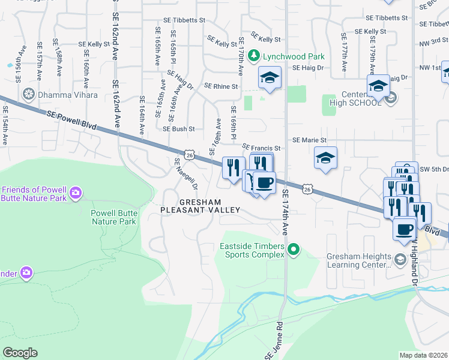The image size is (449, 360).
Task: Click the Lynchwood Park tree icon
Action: pyautogui.click(x=254, y=56)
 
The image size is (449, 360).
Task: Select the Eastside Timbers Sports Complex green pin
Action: pyautogui.click(x=294, y=248)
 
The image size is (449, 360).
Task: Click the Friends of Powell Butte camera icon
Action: pyautogui.click(x=76, y=193)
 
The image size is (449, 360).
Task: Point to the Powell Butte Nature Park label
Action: pyautogui.click(x=113, y=217)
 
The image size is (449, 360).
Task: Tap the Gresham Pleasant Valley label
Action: pyautogui.click(x=200, y=206)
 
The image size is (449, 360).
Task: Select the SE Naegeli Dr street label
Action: pyautogui.click(x=185, y=175)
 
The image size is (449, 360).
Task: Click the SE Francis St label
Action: pyautogui.click(x=261, y=148)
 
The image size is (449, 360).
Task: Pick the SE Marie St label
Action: pyautogui.click(x=309, y=140)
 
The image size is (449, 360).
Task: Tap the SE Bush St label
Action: pyautogui.click(x=179, y=128)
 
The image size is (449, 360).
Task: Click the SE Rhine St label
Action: pyautogui.click(x=221, y=86)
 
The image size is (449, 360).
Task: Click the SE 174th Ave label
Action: pyautogui.click(x=285, y=213)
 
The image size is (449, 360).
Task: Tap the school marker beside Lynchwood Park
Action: pyautogui.click(x=270, y=77)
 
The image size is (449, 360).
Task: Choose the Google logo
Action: pyautogui.click(x=20, y=353)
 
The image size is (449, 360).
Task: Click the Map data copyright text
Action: pyautogui.click(x=424, y=355)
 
